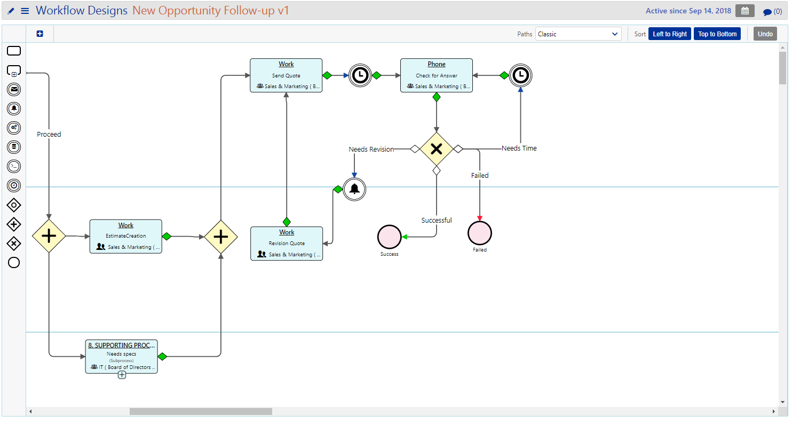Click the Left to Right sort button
click(x=669, y=34)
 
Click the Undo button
click(x=765, y=34)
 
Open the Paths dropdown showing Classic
click(x=578, y=34)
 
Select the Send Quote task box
click(x=286, y=75)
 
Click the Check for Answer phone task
click(x=436, y=75)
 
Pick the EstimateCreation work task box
click(x=125, y=236)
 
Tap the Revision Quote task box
click(x=287, y=244)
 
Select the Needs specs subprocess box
click(x=121, y=356)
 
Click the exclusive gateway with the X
click(x=436, y=149)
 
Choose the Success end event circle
click(x=389, y=237)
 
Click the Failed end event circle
click(x=479, y=233)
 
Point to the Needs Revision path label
click(x=371, y=150)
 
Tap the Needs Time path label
click(x=519, y=148)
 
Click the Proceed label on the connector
click(x=49, y=135)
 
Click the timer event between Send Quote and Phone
click(x=360, y=75)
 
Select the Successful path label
click(x=436, y=221)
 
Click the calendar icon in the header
click(x=745, y=11)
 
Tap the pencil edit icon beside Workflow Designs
click(x=11, y=11)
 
